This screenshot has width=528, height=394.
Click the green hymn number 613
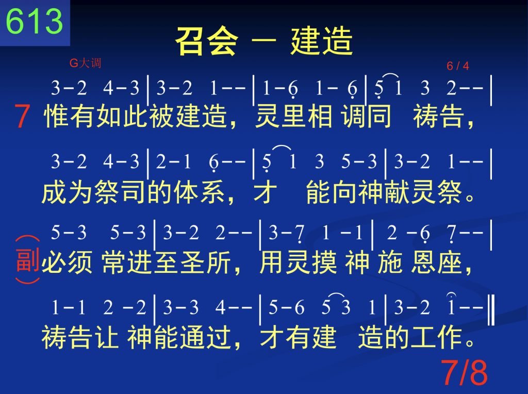35,21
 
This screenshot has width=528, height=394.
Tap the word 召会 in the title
206,41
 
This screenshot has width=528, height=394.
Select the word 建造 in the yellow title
322,41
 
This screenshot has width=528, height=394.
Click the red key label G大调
85,63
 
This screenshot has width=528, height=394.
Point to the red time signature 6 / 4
458,65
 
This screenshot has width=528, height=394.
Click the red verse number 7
22,116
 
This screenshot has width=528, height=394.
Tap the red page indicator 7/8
464,372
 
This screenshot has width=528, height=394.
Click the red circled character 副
28,260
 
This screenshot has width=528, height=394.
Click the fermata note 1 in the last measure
452,305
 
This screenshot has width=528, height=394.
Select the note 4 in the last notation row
220,307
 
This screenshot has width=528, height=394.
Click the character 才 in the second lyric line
266,192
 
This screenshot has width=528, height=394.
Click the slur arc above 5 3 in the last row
336,294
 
